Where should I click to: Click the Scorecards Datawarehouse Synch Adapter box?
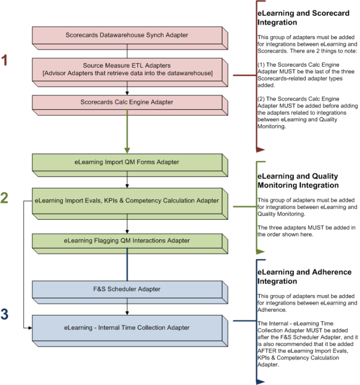(127, 35)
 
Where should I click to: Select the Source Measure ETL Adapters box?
(127, 69)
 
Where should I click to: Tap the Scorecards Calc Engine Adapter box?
(127, 101)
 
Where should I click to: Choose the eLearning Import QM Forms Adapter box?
(127, 161)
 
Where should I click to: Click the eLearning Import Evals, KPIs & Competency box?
(127, 200)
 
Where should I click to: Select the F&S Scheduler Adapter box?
(127, 289)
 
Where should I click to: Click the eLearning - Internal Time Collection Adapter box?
(127, 328)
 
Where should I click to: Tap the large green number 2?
(5, 198)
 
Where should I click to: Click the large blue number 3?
(5, 314)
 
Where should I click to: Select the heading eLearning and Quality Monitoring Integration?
(297, 181)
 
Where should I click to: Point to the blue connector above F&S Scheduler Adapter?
(127, 265)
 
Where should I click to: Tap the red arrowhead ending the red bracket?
(260, 148)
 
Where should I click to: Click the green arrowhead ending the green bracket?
(260, 251)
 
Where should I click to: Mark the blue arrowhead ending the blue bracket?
(260, 381)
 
